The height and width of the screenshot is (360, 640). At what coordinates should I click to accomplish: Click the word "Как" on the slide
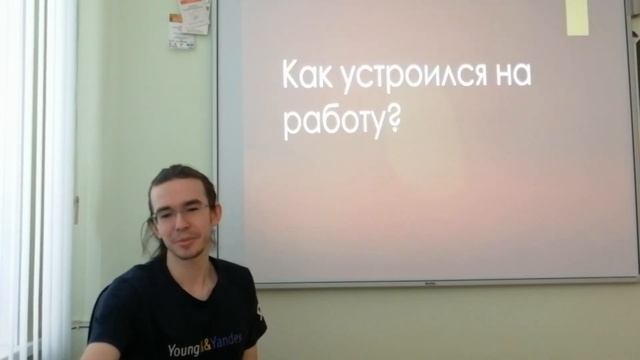pyautogui.click(x=307, y=76)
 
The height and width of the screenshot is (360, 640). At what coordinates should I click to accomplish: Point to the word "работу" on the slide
pyautogui.click(x=329, y=122)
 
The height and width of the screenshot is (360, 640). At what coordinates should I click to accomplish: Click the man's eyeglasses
pyautogui.click(x=181, y=213)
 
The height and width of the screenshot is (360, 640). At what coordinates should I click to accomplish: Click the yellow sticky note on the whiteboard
pyautogui.click(x=578, y=17)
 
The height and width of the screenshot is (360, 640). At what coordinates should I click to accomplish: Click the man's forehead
pyautogui.click(x=181, y=193)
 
